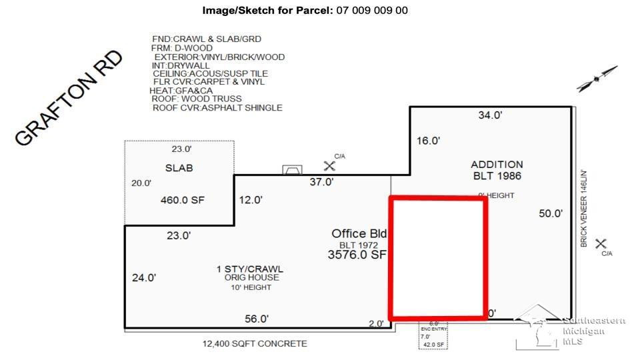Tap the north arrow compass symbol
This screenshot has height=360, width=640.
[x=597, y=79]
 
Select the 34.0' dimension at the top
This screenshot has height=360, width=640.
[x=490, y=115]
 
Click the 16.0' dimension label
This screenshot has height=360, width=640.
[x=429, y=141]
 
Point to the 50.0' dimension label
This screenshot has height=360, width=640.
[x=551, y=214]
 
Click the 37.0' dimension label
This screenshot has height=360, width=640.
[x=321, y=182]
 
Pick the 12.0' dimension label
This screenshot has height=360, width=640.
[x=251, y=199]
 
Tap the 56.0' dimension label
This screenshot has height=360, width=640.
[x=256, y=319]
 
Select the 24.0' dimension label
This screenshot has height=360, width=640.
[x=143, y=278]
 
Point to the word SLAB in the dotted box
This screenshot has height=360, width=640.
[x=179, y=168]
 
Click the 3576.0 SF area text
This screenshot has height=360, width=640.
[x=357, y=255]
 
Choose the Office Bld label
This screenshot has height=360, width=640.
[x=359, y=233]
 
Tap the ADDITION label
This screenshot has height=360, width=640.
[x=497, y=164]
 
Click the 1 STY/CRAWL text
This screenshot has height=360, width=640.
[x=249, y=269]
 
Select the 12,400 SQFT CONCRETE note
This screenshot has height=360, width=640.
[x=255, y=343]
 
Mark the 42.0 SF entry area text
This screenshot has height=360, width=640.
[x=433, y=345]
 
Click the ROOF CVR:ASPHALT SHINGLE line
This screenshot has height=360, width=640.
[x=217, y=107]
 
